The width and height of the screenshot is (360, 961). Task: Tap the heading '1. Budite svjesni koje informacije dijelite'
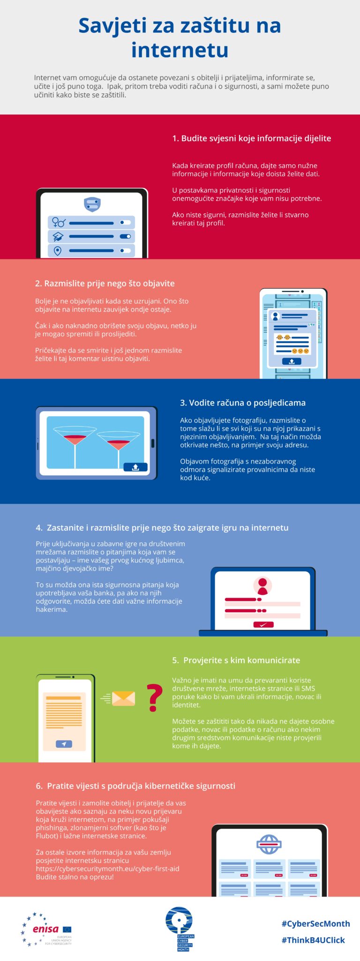pos(252,138)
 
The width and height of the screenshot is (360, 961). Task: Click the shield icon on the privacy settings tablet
pos(92,204)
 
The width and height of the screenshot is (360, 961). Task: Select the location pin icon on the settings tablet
pos(58,251)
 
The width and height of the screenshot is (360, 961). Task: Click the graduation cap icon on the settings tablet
pos(58,236)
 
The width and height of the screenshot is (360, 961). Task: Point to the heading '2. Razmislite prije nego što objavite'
pos(105,283)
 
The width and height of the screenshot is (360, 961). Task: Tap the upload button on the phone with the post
pos(292,361)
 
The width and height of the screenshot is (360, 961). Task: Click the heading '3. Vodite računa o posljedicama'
pos(243,403)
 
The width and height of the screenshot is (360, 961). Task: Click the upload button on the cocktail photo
pos(135,467)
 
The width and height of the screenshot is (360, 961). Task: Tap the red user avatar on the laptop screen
pos(262,586)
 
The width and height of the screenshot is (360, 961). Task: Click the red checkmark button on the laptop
pos(263,624)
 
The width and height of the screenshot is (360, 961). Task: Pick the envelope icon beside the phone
pos(123,698)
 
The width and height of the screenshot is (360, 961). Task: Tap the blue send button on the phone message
pos(64,744)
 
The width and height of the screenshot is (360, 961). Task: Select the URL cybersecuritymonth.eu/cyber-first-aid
pos(108,869)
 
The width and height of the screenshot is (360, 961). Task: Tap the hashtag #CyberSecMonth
pos(315,923)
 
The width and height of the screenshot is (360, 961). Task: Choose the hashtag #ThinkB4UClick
pos(313,940)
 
